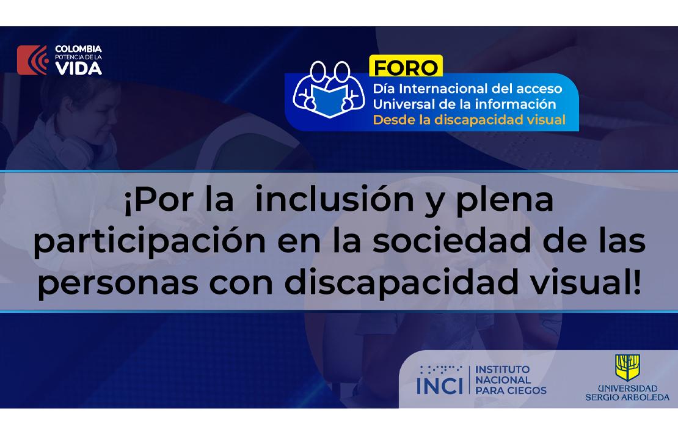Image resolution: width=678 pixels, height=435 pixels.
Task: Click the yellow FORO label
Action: point(405,66)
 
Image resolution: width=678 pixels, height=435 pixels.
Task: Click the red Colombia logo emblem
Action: point(32,60)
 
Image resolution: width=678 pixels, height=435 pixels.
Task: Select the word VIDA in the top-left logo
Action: point(79,68)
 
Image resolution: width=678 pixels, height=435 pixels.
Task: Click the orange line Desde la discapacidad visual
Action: point(469,120)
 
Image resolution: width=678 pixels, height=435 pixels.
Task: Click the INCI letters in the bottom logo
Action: point(439,386)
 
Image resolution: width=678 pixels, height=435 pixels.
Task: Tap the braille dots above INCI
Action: point(440,369)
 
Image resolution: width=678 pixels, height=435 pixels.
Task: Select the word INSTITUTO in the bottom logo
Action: point(503,370)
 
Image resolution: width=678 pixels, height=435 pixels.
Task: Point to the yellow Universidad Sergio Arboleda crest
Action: point(627,368)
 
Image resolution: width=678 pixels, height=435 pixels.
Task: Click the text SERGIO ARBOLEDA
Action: point(627,397)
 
